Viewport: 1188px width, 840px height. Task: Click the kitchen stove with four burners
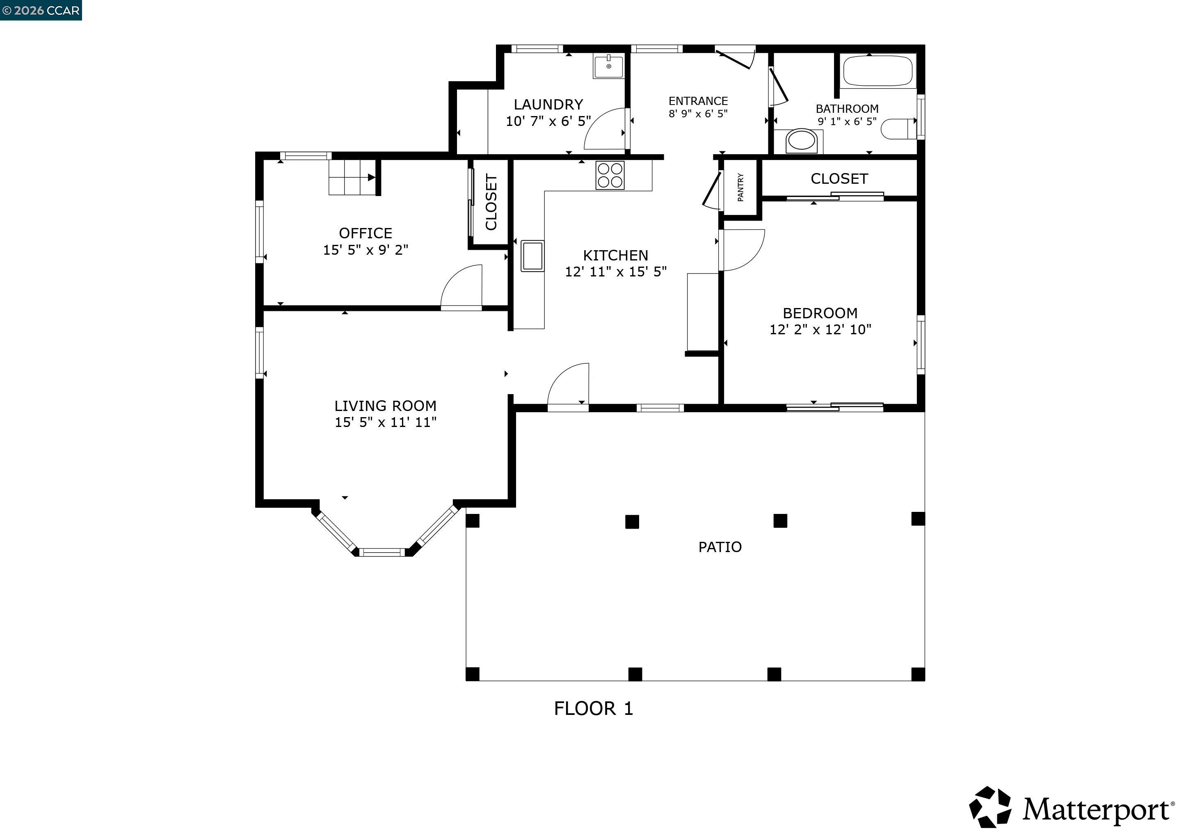610,176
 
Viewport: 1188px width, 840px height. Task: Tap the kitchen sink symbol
532,256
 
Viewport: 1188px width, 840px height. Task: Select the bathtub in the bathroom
877,71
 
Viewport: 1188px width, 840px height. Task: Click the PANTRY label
740,187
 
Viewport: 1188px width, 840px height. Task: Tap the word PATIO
720,547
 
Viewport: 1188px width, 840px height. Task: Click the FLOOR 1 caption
594,709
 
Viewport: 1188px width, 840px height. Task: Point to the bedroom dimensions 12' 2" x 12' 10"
820,329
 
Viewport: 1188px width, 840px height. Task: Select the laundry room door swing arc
604,129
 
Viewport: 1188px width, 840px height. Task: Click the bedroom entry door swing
742,250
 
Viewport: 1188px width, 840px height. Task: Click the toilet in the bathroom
898,129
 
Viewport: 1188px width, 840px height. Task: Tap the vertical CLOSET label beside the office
491,202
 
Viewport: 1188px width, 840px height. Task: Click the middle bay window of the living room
382,552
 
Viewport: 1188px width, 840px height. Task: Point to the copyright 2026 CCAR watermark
41,10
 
